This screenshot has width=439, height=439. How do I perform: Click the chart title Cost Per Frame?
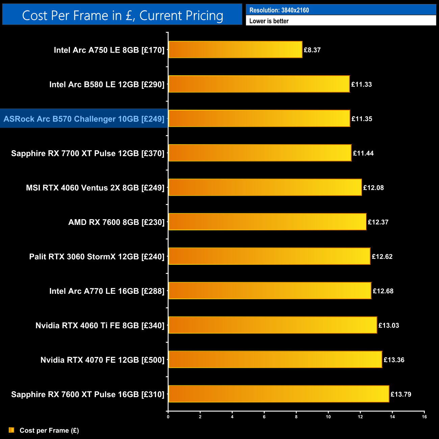point(122,16)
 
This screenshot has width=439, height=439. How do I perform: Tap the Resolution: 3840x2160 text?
point(279,10)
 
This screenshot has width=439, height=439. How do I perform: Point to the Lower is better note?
point(269,21)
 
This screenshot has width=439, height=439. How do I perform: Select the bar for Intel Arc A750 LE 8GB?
point(235,50)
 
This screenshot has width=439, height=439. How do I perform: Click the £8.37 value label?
point(312,50)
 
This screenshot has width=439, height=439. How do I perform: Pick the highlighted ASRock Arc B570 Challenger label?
point(84,119)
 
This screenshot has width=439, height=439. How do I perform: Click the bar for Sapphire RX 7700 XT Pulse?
point(260,153)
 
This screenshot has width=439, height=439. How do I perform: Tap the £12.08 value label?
point(373,188)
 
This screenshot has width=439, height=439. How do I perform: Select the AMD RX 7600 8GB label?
point(116,222)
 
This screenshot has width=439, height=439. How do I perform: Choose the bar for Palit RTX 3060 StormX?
point(269,256)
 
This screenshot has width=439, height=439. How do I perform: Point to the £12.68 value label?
point(383,291)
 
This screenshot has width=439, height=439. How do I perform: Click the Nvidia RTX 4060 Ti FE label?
point(100,326)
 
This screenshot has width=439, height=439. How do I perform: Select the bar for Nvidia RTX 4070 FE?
point(275,360)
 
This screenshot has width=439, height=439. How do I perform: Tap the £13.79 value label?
point(401,394)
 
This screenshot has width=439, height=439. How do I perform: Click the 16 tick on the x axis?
point(424,417)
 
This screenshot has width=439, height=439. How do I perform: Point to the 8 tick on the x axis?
point(296,417)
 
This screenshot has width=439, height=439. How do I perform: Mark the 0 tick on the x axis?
point(168,417)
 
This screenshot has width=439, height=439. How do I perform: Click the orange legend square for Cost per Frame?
point(11,430)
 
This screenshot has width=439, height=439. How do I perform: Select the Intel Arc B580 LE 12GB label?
point(107,84)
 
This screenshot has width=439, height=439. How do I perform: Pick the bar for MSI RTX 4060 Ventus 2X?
point(265,187)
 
